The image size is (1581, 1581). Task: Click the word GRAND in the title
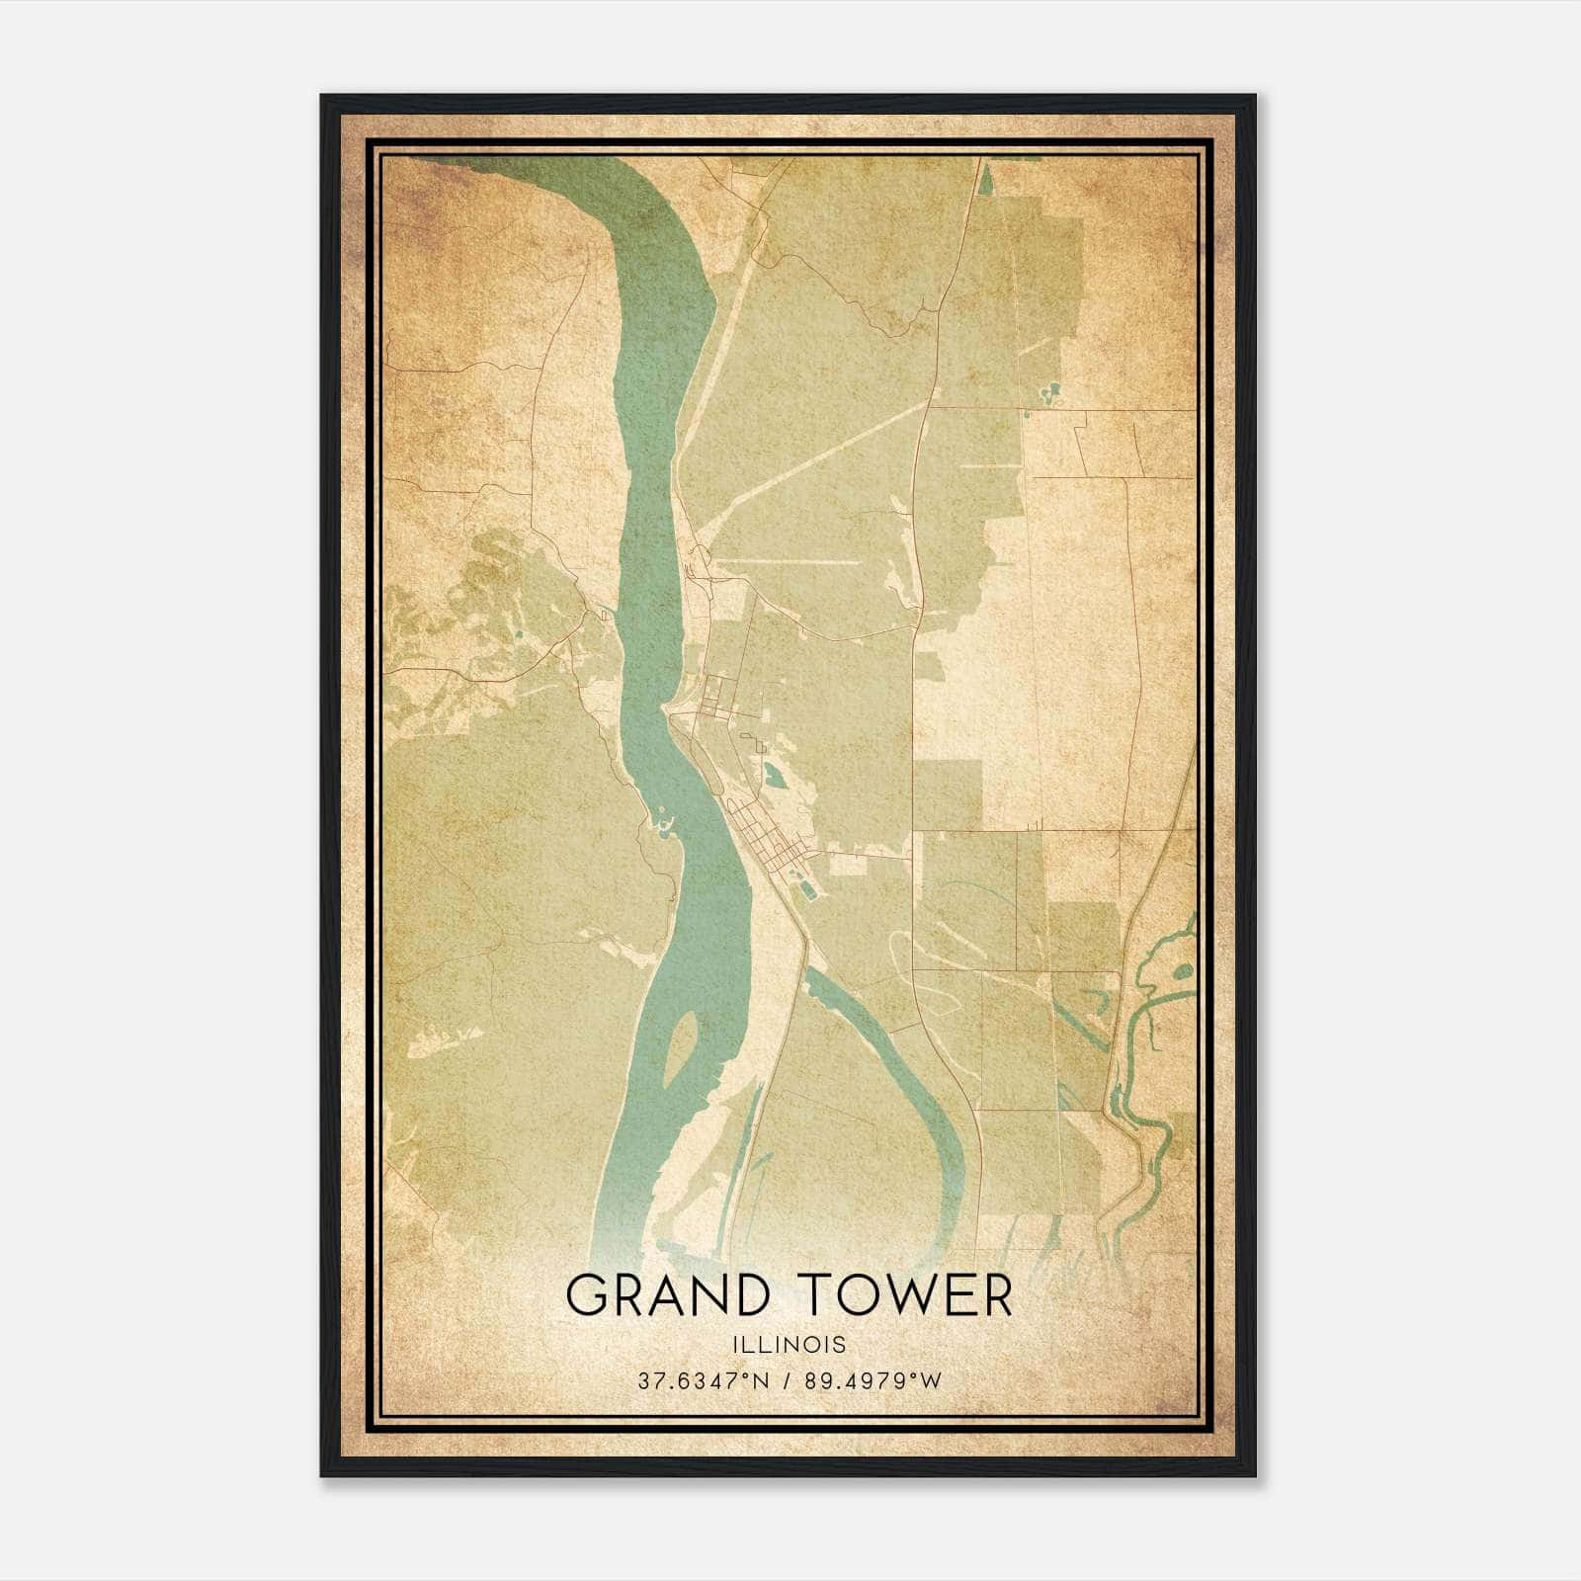point(667,1295)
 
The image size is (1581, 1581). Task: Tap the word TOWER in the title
point(903,1295)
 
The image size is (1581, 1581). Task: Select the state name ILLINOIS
point(790,1345)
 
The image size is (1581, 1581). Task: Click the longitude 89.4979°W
point(874,1380)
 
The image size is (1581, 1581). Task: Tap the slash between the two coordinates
point(788,1380)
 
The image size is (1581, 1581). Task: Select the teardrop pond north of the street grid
point(773,778)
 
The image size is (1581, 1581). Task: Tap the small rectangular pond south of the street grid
point(809,891)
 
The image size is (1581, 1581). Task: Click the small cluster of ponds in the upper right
point(1047,395)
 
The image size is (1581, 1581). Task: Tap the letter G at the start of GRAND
point(586,1295)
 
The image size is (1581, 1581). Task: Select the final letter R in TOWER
point(999,1295)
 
